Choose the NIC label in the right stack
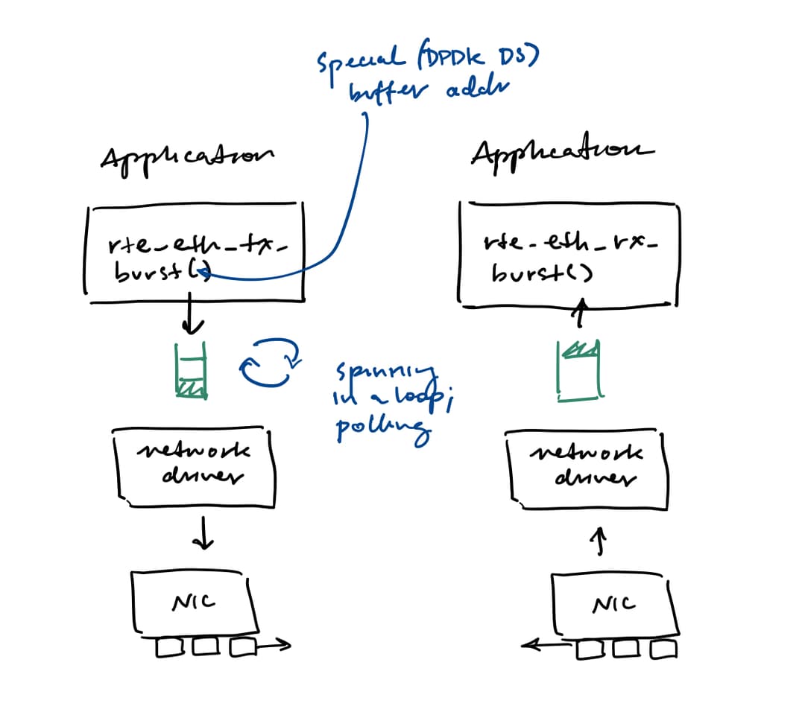(613, 604)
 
